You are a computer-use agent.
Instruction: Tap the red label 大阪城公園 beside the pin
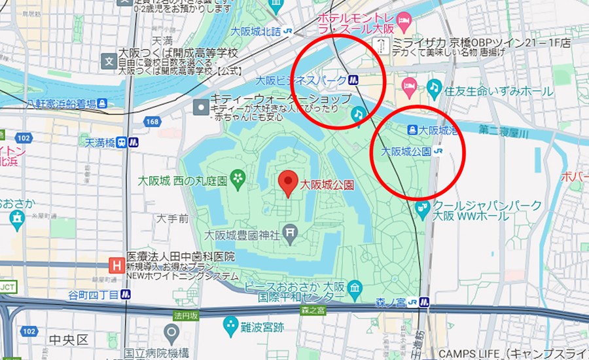327,186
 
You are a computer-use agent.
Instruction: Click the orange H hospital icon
116,266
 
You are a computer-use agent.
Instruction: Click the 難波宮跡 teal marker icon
230,323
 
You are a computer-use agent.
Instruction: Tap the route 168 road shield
152,122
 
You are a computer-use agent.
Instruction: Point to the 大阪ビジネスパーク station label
301,81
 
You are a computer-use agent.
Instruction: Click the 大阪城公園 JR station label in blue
406,151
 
